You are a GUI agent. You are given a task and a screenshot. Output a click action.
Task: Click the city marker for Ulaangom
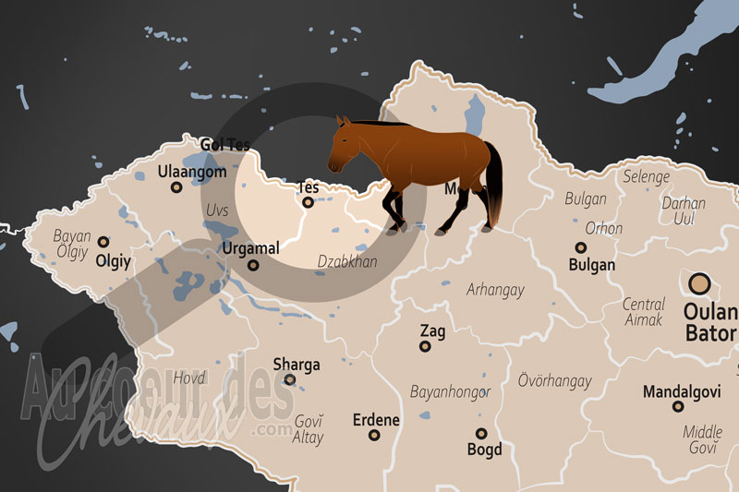176,187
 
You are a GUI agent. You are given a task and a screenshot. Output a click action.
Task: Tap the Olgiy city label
114,261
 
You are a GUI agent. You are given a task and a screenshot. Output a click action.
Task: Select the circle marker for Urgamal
253,265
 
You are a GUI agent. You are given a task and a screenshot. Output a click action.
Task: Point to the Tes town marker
308,203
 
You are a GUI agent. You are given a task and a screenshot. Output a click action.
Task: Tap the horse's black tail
494,185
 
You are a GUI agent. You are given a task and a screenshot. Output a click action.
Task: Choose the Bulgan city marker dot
581,247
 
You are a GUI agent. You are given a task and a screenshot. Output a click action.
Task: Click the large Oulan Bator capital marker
699,284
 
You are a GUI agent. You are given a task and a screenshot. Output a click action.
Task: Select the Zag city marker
425,346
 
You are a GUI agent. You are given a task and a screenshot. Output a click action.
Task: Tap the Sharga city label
297,364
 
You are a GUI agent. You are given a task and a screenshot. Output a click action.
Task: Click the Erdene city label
376,420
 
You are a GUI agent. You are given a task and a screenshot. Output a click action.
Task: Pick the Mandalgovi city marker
678,406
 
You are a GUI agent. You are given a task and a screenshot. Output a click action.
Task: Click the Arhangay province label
495,290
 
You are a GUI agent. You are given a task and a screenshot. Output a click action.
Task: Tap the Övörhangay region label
554,380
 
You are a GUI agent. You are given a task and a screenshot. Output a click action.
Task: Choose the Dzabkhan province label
347,261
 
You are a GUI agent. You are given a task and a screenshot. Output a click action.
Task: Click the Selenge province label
647,175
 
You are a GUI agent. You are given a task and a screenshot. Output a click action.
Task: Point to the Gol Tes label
225,144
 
